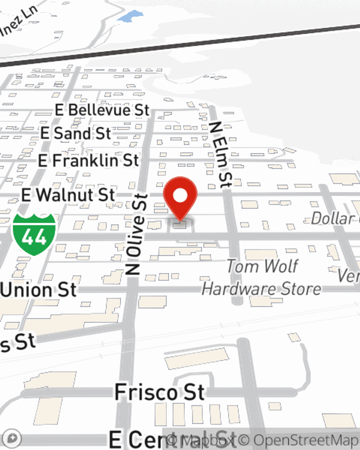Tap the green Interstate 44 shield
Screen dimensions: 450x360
pos(34,234)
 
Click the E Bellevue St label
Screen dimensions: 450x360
pos(102,110)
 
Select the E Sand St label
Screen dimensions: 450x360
pos(76,134)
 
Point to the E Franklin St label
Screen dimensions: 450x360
pos(89,161)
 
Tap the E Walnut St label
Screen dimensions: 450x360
pos(68,195)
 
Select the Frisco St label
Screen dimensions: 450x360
pos(159,392)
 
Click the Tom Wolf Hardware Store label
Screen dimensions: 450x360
pos(262,278)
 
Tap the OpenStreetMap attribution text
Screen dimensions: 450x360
pos(299,440)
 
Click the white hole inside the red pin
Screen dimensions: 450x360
pos(180,196)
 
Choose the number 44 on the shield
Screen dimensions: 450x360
pos(34,237)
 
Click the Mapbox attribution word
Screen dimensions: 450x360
pos(202,440)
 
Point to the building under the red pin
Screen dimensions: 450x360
pos(180,225)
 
